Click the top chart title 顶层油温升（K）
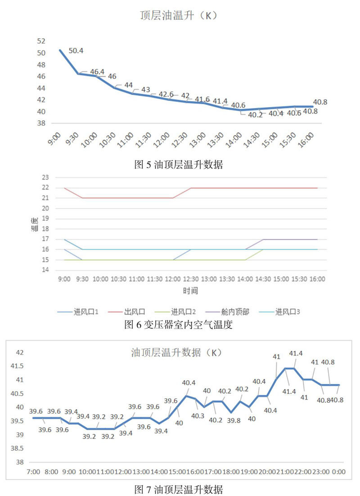coord(180,15)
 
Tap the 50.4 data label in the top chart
coord(76,50)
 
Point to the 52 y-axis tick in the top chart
coord(41,41)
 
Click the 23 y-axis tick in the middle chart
coord(45,177)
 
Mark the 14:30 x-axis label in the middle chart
coord(263,279)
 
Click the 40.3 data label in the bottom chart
coord(198,415)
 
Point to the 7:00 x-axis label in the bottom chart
coord(33,472)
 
